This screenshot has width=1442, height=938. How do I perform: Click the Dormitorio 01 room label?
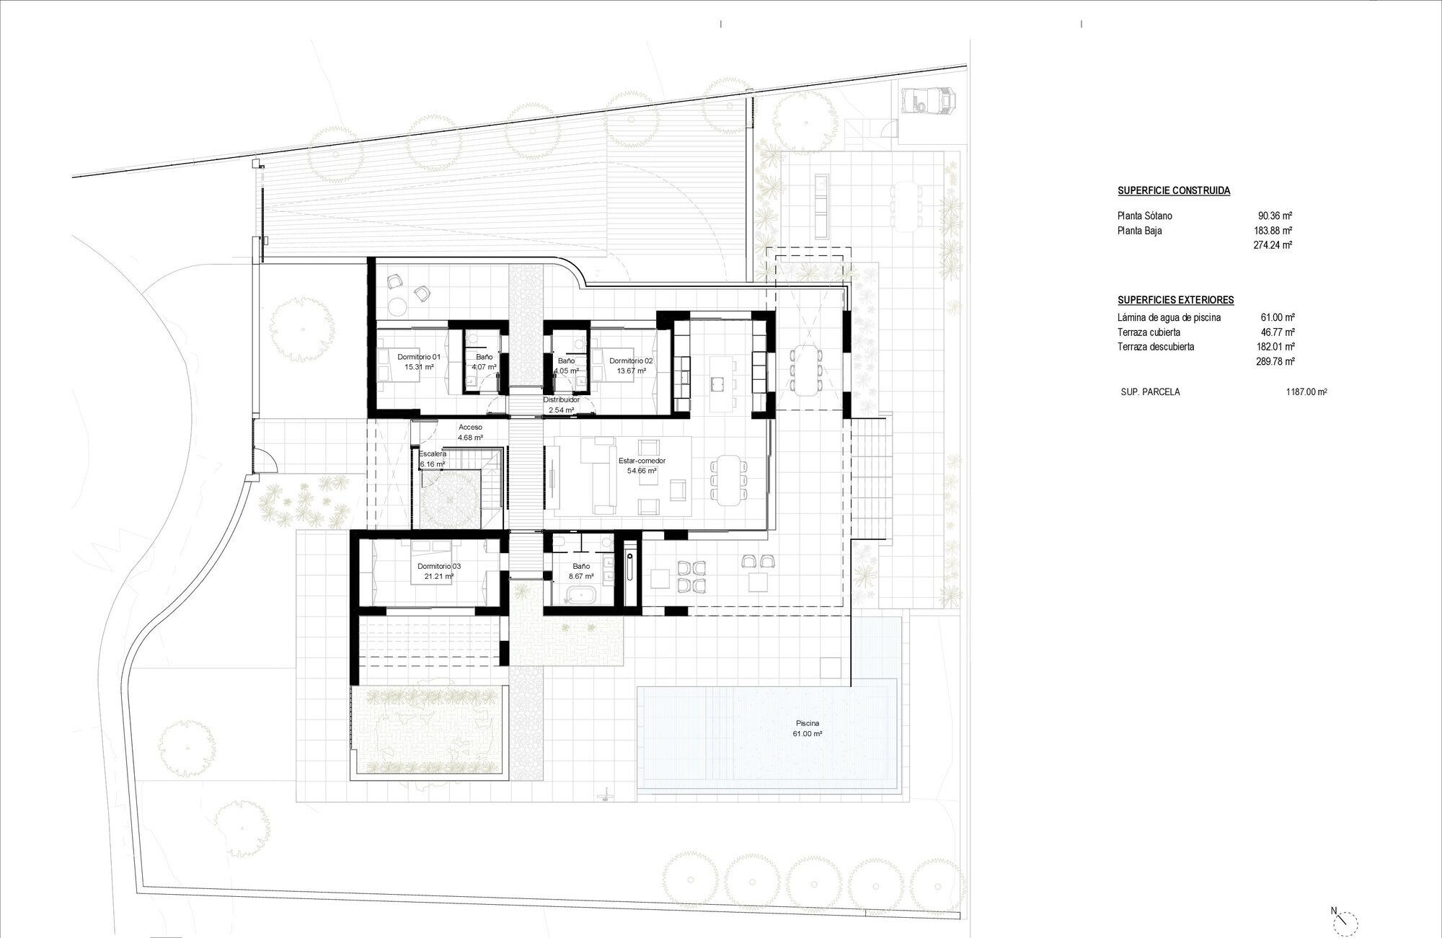tap(419, 357)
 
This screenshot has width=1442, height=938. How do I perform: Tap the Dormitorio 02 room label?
tap(631, 361)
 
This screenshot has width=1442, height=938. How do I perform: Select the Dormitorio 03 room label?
tap(439, 567)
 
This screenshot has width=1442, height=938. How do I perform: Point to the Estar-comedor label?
tap(642, 461)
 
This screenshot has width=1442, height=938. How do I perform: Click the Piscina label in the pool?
tap(808, 723)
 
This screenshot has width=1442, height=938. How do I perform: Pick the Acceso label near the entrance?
tap(470, 428)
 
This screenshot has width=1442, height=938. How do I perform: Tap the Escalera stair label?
tap(433, 453)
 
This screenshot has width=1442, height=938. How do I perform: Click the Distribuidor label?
tap(561, 399)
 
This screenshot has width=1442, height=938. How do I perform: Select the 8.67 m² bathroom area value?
tap(581, 576)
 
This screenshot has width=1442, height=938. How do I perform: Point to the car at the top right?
tap(927, 99)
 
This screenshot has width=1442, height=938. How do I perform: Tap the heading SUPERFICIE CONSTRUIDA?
tap(1174, 191)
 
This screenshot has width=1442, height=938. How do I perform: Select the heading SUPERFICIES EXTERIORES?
tap(1175, 300)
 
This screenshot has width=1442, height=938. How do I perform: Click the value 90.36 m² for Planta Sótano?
tap(1275, 216)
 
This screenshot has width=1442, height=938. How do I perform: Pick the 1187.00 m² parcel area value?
tap(1306, 392)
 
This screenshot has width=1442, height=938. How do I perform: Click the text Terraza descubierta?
tap(1156, 347)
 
